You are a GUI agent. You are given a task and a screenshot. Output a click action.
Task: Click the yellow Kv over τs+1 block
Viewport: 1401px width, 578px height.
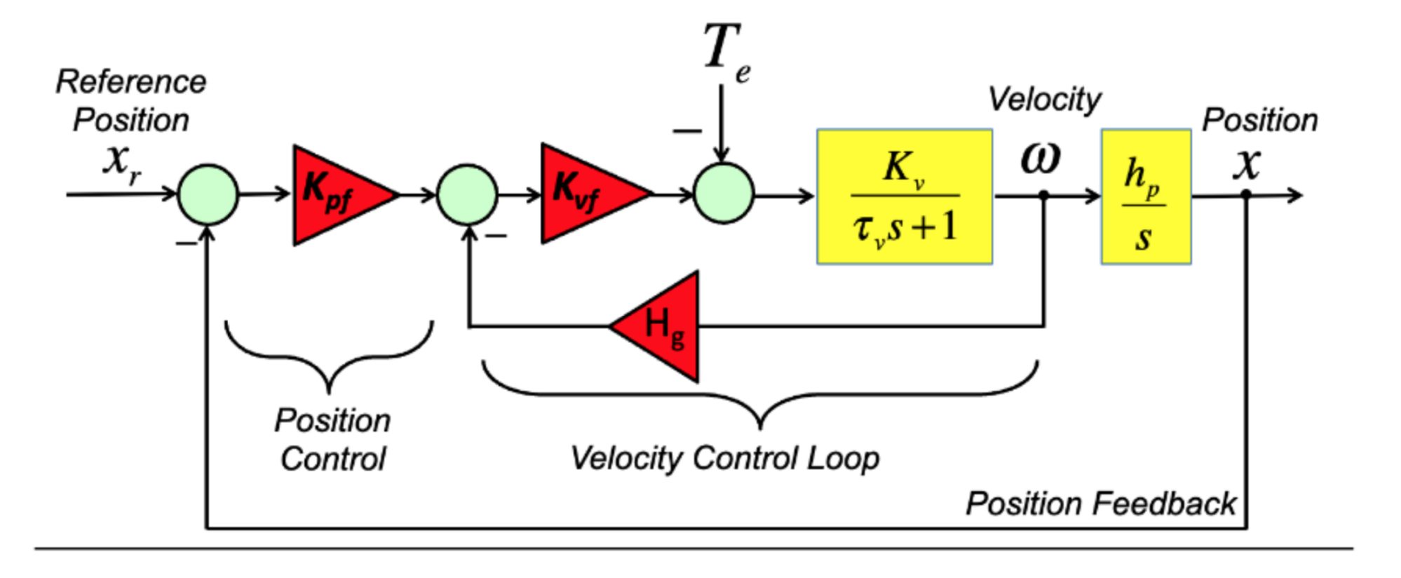tap(904, 196)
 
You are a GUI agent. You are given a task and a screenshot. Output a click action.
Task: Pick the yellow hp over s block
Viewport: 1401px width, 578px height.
tap(1145, 196)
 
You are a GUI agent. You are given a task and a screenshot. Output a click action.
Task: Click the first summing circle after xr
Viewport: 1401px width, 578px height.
tap(208, 194)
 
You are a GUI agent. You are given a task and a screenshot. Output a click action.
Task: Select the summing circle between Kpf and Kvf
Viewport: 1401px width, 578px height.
tap(467, 194)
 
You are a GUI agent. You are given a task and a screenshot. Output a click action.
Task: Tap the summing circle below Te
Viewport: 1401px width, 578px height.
tap(723, 194)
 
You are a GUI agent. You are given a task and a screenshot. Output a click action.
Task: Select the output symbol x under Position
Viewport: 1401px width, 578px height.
tap(1247, 165)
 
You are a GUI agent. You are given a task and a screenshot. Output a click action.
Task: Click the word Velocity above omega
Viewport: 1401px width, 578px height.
tap(1044, 100)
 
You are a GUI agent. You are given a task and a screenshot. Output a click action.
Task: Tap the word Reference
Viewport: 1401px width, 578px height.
tap(131, 82)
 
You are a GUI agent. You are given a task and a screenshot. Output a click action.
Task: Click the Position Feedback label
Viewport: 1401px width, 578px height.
tap(1100, 504)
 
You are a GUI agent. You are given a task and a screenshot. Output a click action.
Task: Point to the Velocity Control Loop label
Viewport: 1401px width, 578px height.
tap(724, 459)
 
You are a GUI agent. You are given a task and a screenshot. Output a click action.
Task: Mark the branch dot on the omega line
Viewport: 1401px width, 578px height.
tap(1043, 195)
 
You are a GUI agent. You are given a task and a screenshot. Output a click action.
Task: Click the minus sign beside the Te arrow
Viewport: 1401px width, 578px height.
tap(686, 131)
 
